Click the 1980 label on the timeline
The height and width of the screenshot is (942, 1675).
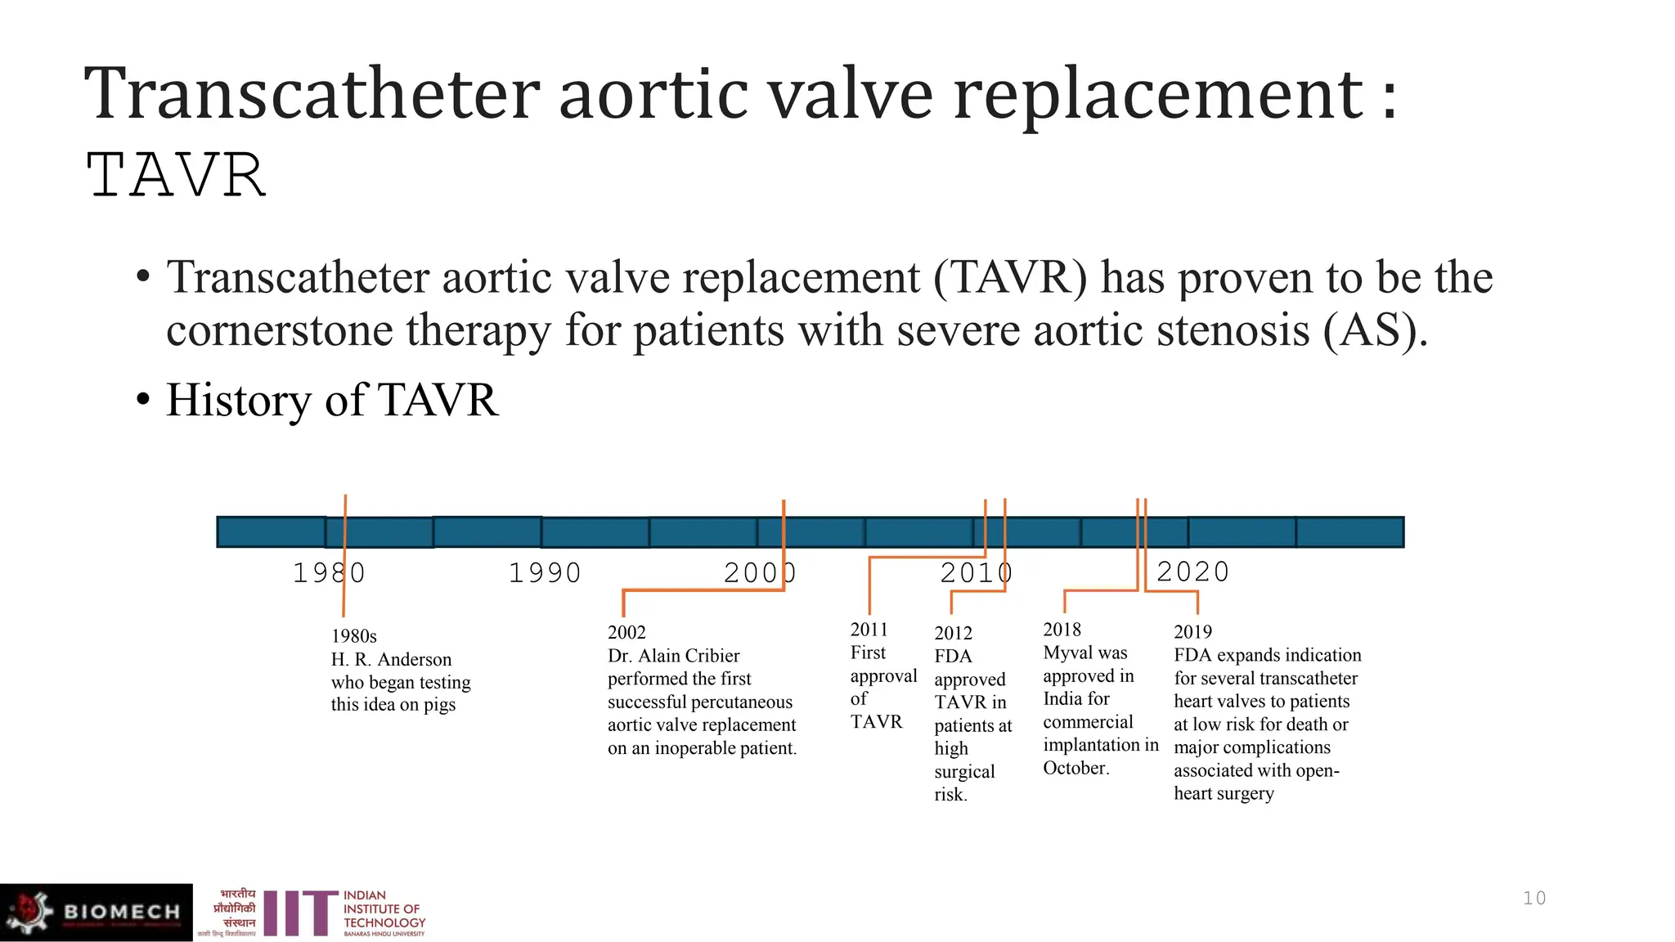(x=329, y=573)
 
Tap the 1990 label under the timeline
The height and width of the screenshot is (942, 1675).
(x=545, y=573)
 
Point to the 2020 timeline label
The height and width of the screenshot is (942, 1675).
(x=1192, y=572)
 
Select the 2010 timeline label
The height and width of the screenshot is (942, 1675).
(x=977, y=573)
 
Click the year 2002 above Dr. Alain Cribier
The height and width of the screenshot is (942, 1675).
(x=626, y=633)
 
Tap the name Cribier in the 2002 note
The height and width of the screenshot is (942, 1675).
(x=709, y=656)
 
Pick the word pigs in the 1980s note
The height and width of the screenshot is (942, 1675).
(x=439, y=705)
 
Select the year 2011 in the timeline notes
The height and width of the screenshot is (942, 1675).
(x=869, y=630)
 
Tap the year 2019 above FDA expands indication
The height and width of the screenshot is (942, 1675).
(x=1192, y=632)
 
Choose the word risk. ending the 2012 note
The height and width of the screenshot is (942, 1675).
(x=950, y=795)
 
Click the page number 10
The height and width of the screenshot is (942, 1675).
(x=1534, y=898)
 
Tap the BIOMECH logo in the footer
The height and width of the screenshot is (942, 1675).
(x=97, y=912)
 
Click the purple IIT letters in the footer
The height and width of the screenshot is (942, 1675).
(x=300, y=913)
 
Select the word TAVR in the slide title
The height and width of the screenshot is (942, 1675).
(x=176, y=176)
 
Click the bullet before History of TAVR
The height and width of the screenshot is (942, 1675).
(x=144, y=401)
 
